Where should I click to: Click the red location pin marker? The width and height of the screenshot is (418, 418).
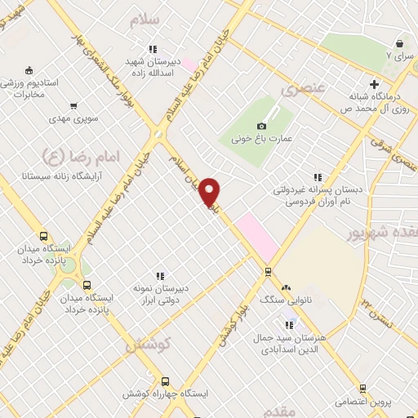pos(210,192)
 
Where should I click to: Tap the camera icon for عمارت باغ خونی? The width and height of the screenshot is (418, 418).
pos(261,126)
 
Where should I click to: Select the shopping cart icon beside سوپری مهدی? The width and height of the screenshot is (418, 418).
pos(74,105)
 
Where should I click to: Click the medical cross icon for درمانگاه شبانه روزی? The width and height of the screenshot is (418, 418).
pos(374,84)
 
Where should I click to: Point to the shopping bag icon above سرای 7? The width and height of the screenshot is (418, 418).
pos(399,43)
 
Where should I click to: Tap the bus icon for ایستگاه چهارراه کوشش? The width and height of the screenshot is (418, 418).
pos(166,381)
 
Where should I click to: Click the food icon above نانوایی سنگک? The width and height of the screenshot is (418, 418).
pos(286,287)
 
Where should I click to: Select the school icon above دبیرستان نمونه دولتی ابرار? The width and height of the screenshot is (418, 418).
pos(161,276)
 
